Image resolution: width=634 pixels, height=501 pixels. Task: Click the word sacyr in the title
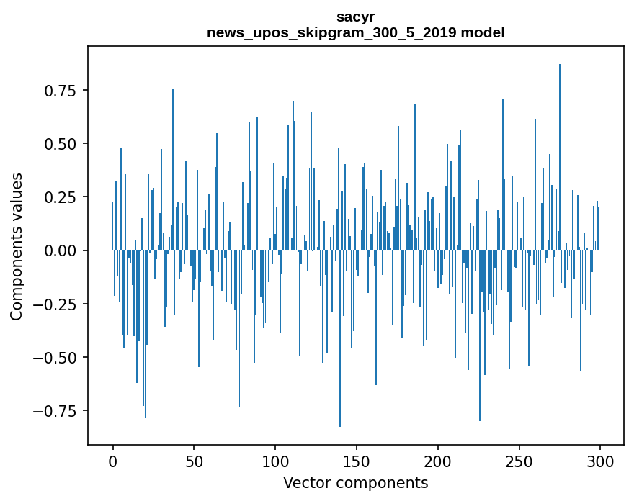click(x=355, y=17)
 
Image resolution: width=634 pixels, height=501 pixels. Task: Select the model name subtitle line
click(x=355, y=32)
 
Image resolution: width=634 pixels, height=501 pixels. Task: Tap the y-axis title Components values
click(x=17, y=246)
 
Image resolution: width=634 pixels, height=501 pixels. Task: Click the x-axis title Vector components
click(x=355, y=483)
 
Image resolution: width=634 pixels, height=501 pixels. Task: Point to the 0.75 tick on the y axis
click(x=61, y=91)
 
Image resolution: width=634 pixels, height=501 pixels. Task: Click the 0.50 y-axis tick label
click(x=61, y=144)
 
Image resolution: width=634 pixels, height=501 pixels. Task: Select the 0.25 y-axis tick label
click(x=61, y=197)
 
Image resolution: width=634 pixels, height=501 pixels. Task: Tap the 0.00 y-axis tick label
click(x=61, y=250)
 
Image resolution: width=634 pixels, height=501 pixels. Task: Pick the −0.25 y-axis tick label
click(x=56, y=304)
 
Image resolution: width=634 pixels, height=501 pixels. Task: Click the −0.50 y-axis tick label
click(x=56, y=357)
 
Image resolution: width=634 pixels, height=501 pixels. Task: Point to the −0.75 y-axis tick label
click(x=56, y=411)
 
